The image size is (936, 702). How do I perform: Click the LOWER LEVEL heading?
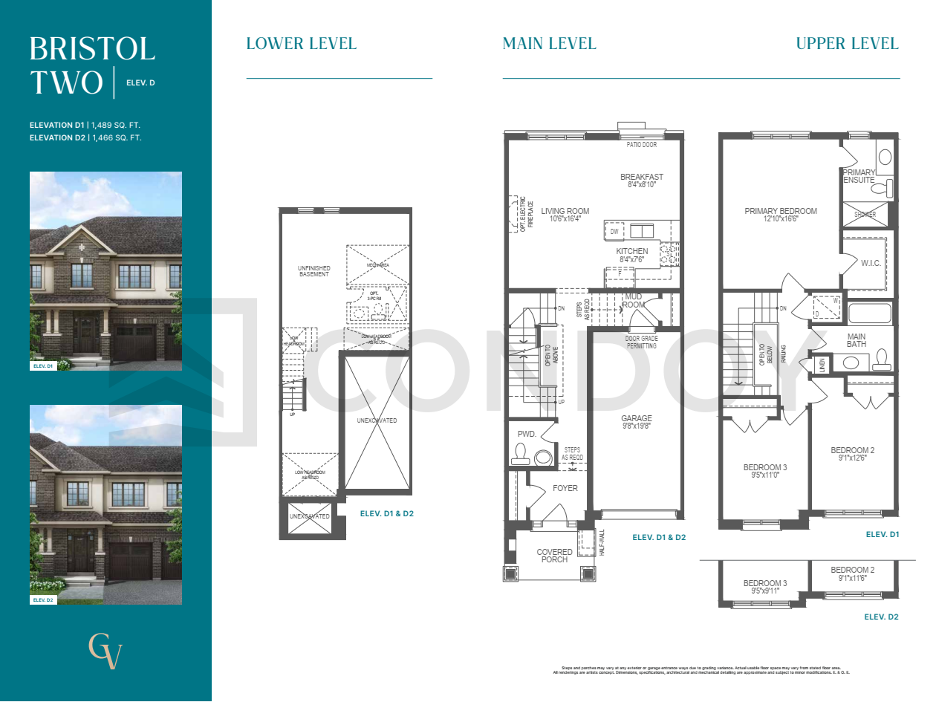tap(301, 43)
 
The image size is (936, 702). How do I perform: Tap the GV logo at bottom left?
tap(105, 651)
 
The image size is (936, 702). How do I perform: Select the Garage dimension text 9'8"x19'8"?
tap(637, 427)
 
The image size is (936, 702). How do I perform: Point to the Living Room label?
tap(565, 211)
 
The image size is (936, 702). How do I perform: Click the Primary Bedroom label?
tap(780, 211)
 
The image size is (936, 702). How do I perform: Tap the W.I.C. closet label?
tap(871, 262)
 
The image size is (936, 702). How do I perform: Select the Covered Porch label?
tap(554, 556)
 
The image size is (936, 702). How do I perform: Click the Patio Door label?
tap(642, 145)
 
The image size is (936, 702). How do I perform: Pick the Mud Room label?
tap(633, 301)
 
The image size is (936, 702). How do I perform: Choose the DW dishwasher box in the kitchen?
tap(614, 233)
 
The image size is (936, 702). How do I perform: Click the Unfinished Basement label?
tap(313, 271)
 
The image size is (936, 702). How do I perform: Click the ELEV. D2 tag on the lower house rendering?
tap(43, 599)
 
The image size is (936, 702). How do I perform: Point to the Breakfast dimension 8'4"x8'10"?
tap(641, 185)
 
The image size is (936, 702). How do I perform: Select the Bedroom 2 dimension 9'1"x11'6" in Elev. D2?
tap(853, 578)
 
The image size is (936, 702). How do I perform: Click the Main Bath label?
tap(857, 340)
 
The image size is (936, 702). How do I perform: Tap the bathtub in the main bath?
tap(868, 313)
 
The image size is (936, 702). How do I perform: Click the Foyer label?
tap(565, 488)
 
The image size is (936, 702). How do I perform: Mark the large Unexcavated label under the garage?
tap(377, 420)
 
